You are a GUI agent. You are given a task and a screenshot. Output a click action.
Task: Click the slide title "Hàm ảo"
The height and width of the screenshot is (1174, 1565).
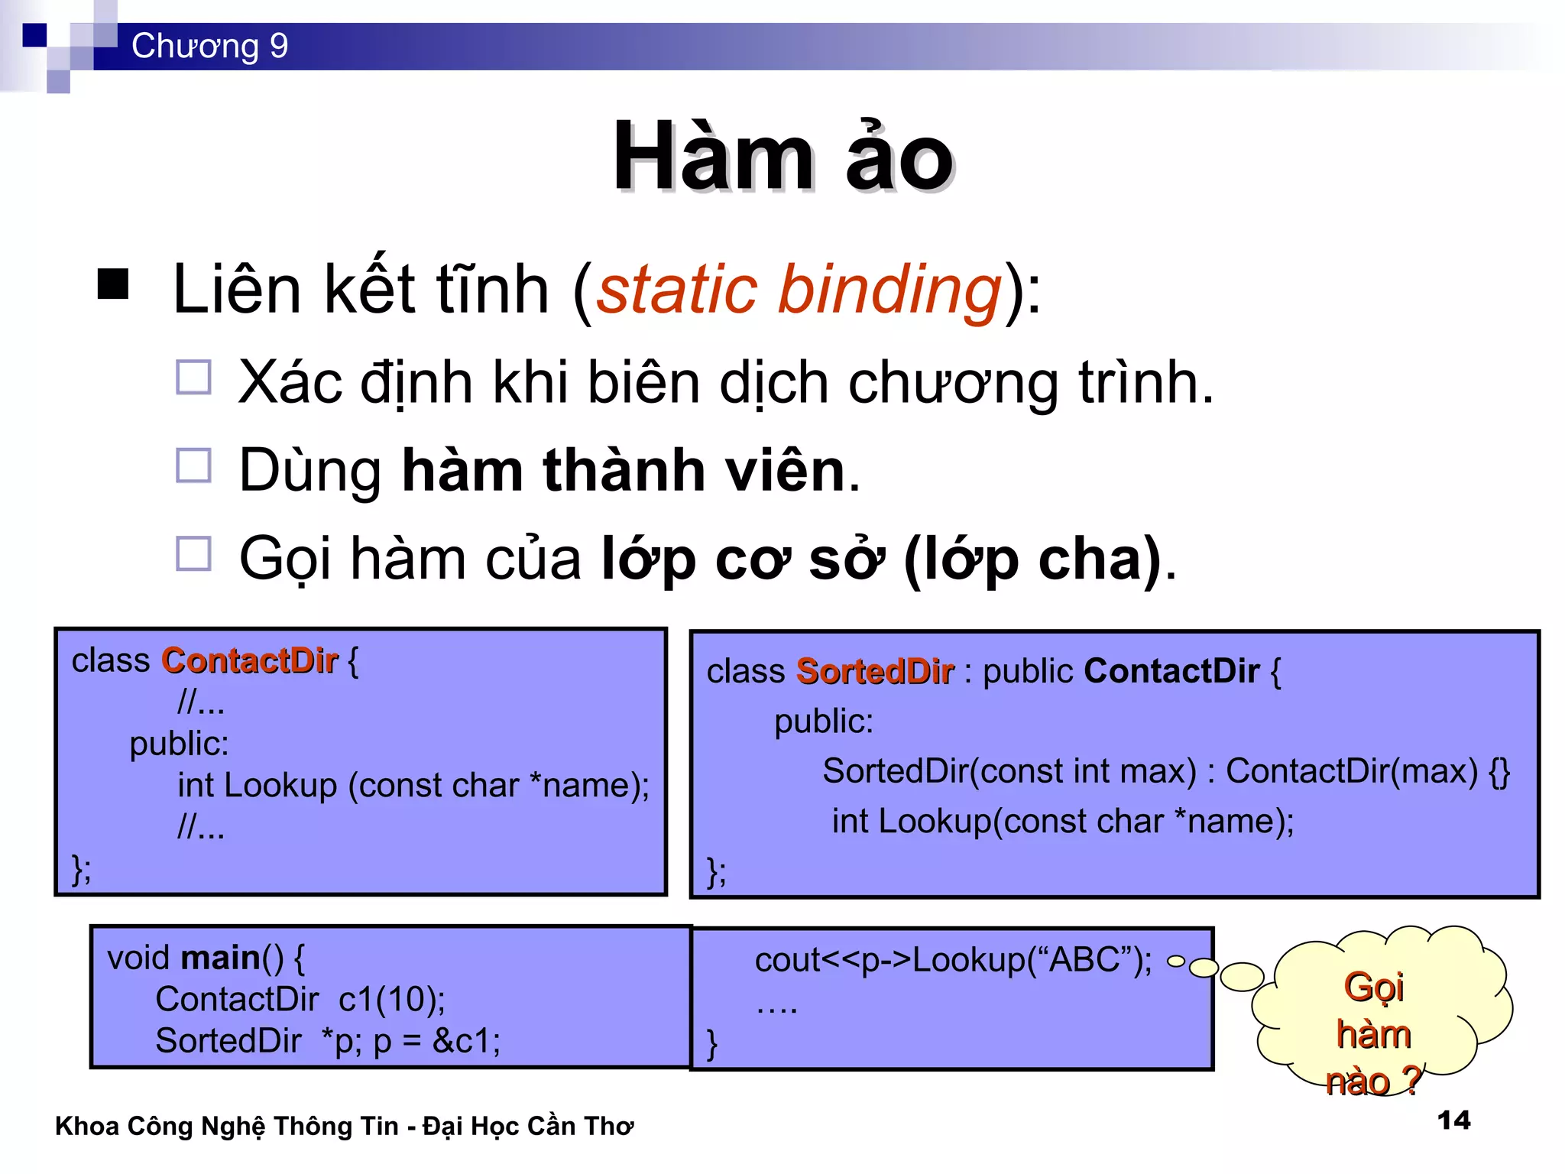783,158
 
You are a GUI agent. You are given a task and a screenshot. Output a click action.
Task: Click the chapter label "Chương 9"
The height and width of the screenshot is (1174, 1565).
209,46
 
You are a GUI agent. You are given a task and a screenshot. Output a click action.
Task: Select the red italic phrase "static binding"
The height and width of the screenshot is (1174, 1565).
799,290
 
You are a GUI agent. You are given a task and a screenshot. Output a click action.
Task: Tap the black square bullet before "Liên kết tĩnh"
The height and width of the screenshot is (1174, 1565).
113,284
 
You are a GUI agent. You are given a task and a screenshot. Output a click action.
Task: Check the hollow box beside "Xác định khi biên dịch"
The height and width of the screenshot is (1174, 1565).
193,378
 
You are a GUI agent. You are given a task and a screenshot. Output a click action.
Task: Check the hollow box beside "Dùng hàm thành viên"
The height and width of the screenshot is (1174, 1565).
193,465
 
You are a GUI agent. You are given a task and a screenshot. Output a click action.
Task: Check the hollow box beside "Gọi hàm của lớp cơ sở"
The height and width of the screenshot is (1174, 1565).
193,553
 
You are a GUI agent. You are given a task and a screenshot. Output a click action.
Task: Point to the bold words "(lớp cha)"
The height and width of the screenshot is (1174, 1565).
1033,559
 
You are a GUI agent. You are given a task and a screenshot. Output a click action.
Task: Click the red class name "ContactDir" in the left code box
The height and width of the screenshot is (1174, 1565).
249,661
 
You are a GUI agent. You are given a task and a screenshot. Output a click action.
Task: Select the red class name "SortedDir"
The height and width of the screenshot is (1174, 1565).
875,672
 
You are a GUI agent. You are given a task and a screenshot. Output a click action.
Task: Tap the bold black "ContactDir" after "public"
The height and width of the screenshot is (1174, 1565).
1171,671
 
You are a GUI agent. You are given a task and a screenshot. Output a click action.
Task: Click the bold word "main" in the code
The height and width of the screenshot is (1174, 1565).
221,958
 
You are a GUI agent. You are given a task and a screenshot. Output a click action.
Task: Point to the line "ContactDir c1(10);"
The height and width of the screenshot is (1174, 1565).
300,999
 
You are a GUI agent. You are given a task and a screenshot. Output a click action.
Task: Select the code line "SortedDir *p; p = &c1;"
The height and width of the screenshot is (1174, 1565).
328,1041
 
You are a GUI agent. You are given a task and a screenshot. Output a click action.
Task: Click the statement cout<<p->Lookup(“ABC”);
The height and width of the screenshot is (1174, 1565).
953,960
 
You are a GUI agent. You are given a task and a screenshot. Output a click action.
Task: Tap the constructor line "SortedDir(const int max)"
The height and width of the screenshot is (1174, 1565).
1009,771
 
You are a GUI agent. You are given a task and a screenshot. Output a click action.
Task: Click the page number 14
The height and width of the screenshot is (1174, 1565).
1453,1120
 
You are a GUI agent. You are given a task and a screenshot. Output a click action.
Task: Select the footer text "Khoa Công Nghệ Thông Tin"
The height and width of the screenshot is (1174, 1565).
227,1126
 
